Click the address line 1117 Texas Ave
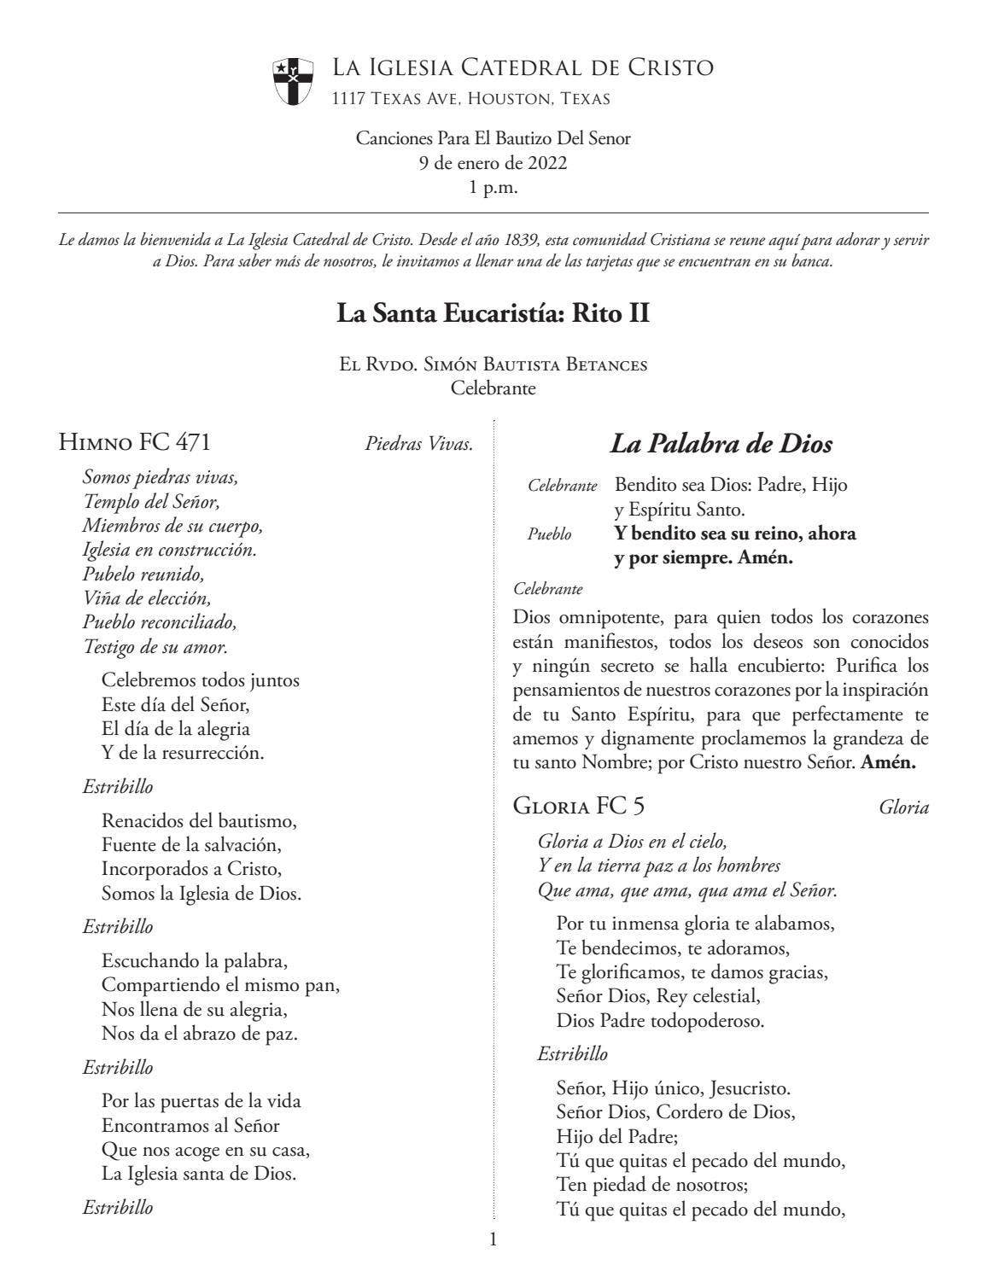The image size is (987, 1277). tap(470, 99)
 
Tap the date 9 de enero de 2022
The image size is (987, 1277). tap(493, 163)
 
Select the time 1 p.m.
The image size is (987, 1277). tap(493, 188)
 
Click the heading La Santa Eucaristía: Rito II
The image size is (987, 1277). tap(493, 313)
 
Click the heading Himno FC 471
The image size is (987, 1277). tap(134, 442)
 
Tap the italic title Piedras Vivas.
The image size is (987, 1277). tap(418, 444)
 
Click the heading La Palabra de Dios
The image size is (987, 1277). tap(721, 444)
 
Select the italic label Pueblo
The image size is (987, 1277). tap(549, 535)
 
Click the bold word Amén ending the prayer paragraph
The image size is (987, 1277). tap(888, 763)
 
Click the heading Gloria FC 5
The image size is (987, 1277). tap(584, 806)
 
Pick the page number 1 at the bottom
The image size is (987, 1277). tap(493, 1240)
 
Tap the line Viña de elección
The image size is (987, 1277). tap(146, 598)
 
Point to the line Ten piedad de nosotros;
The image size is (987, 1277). tap(651, 1185)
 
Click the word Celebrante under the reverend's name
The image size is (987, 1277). tap(493, 389)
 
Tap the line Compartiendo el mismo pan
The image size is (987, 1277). tap(220, 985)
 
